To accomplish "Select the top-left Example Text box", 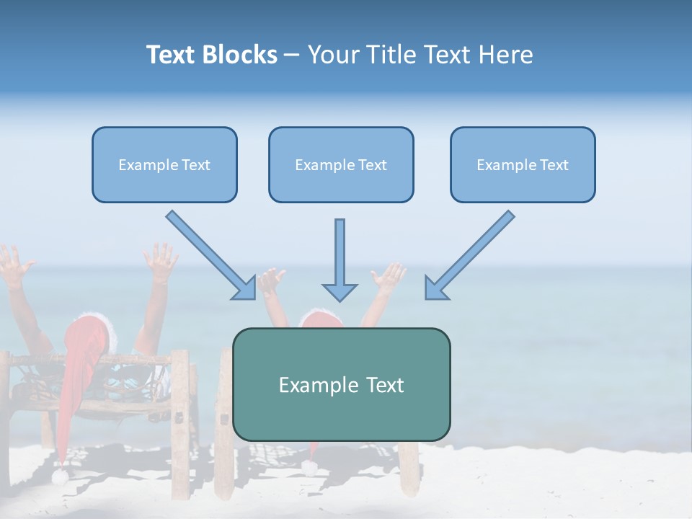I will pyautogui.click(x=164, y=165).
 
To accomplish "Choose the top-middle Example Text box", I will pyautogui.click(x=341, y=165).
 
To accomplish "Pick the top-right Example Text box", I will pyautogui.click(x=523, y=165).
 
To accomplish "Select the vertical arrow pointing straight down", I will pyautogui.click(x=340, y=260).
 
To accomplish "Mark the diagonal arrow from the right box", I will pyautogui.click(x=469, y=255).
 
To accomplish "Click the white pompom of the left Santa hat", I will pyautogui.click(x=60, y=476).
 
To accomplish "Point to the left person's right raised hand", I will pyautogui.click(x=160, y=260).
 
